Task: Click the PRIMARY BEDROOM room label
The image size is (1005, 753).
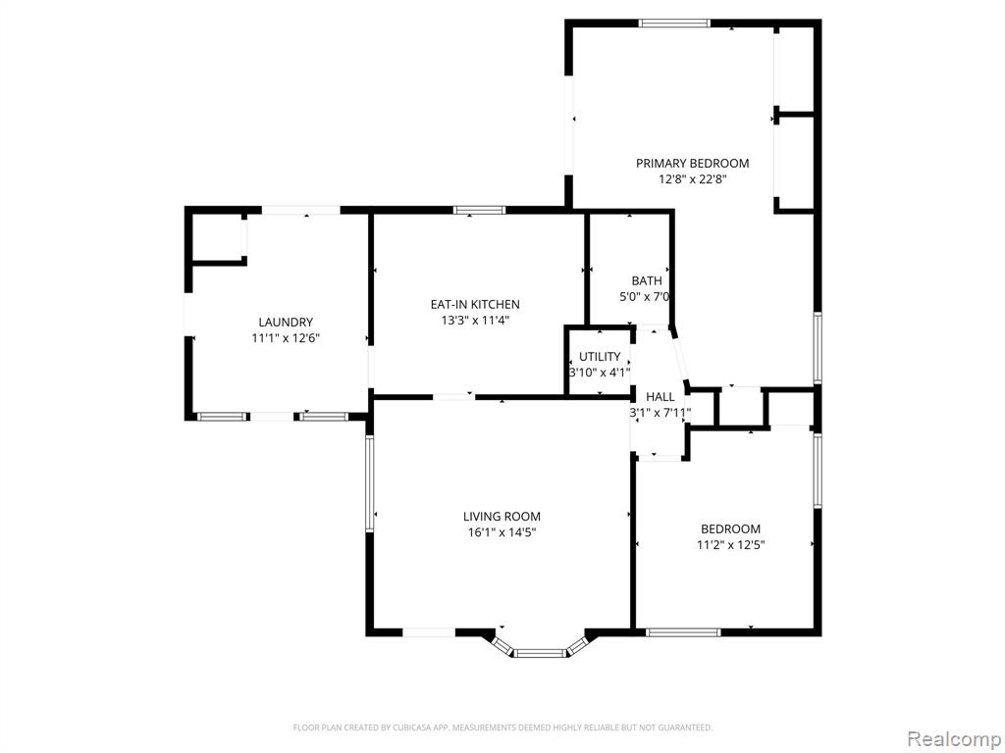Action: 692,164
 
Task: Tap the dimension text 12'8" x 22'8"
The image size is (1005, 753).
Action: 692,180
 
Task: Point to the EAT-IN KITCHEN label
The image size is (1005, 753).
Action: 475,304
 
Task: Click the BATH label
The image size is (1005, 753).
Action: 647,280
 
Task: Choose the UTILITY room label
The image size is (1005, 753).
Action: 600,357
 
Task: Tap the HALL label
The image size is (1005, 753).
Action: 661,397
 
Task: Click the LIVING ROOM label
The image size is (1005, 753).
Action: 502,516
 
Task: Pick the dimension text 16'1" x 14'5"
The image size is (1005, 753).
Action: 502,532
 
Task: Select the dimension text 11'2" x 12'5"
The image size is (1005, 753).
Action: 730,545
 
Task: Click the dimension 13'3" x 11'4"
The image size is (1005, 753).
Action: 475,321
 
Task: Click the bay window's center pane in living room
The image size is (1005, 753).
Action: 540,653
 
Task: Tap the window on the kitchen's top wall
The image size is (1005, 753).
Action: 479,210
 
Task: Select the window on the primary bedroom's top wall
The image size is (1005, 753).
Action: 674,24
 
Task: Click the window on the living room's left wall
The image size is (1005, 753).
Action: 370,483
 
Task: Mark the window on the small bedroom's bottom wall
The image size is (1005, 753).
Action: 683,632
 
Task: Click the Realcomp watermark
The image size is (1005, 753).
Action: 953,739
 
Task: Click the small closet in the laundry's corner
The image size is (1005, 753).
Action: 217,236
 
